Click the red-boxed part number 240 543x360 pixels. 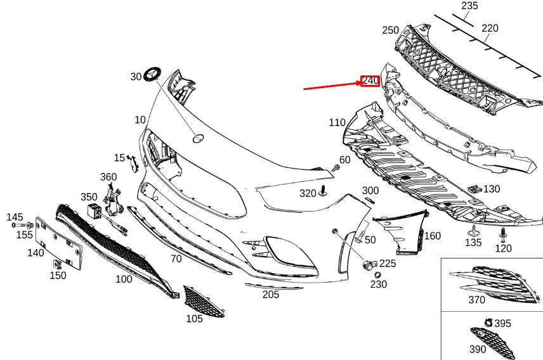tap(370, 81)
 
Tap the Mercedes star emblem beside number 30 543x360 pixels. tap(152, 74)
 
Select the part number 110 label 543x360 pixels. tap(337, 122)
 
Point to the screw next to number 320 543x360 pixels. tap(323, 191)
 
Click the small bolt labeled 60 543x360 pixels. tap(335, 168)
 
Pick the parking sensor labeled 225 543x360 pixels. tap(368, 265)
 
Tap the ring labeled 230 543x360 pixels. tap(377, 275)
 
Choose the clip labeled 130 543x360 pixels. tap(474, 189)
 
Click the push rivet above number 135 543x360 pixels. tap(473, 231)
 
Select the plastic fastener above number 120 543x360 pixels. tap(503, 235)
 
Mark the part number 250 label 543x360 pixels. tap(390, 30)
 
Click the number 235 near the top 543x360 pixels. tap(469, 6)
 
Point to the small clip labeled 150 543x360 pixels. tap(58, 264)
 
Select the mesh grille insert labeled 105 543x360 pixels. tap(203, 301)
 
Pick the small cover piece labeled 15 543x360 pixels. tap(133, 163)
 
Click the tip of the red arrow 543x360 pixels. tap(362, 82)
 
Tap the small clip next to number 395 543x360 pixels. tap(488, 323)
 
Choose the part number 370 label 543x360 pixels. tap(476, 300)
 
